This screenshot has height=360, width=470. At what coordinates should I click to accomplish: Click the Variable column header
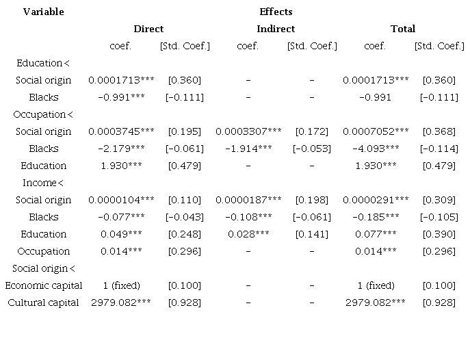coord(43,12)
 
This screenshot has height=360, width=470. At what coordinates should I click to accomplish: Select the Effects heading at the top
coord(276,12)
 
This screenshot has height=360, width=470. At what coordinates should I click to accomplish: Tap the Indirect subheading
coord(276,29)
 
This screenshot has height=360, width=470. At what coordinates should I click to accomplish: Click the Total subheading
coord(403,29)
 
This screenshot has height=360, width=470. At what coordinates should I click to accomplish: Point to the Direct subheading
coord(148,29)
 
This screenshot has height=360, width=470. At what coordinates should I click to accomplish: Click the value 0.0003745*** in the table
coord(121,131)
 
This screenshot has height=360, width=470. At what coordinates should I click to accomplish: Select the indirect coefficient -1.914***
coord(248,149)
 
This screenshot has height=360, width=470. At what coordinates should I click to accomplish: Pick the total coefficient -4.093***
coord(376,149)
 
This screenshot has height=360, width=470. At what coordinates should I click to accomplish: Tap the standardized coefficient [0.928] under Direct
coord(185,303)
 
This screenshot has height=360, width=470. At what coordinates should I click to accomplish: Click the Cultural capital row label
coord(43,303)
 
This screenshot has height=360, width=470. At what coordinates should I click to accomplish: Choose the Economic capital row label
coord(43,285)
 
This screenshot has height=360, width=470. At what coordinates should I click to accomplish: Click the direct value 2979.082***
coord(121,303)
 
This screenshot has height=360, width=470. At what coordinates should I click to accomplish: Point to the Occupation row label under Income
coord(43,251)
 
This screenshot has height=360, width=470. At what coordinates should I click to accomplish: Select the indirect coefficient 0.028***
coord(248,234)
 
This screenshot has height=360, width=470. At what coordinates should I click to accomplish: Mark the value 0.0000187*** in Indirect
coord(248,200)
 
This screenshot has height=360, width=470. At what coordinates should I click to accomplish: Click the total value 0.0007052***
coord(376,131)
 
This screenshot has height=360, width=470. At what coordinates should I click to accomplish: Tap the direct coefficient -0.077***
coord(121,217)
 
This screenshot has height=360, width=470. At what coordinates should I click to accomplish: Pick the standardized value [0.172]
coord(312,131)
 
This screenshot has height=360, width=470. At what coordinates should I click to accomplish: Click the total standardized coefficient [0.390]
coord(439,234)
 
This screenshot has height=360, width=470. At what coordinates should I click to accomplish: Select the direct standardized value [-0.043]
coord(185,217)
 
